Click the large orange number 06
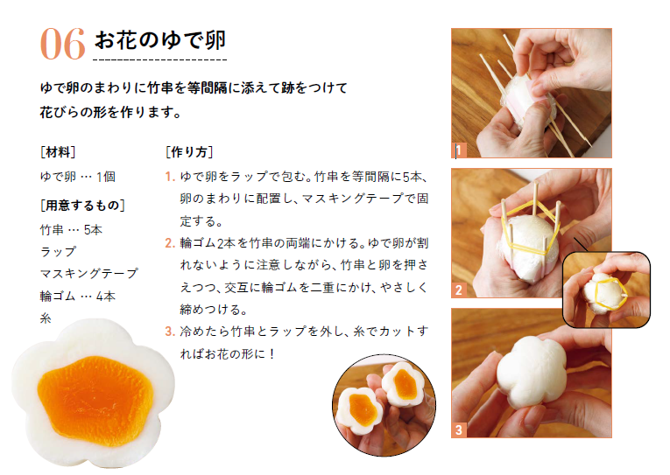click(x=63, y=44)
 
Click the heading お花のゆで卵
click(x=160, y=40)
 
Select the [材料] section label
click(x=58, y=152)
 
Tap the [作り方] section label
click(x=189, y=152)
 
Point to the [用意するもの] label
click(x=82, y=206)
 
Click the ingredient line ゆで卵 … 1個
click(x=78, y=177)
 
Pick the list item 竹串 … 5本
click(x=71, y=230)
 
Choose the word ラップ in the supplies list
click(x=58, y=252)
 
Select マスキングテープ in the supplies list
click(x=89, y=273)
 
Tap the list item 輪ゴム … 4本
click(x=78, y=297)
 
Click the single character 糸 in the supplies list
click(x=46, y=318)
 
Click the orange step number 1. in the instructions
click(x=170, y=177)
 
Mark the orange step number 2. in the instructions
click(x=170, y=243)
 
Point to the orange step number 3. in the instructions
click(x=170, y=332)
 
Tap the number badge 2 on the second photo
click(x=458, y=290)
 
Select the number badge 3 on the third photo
click(x=458, y=430)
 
